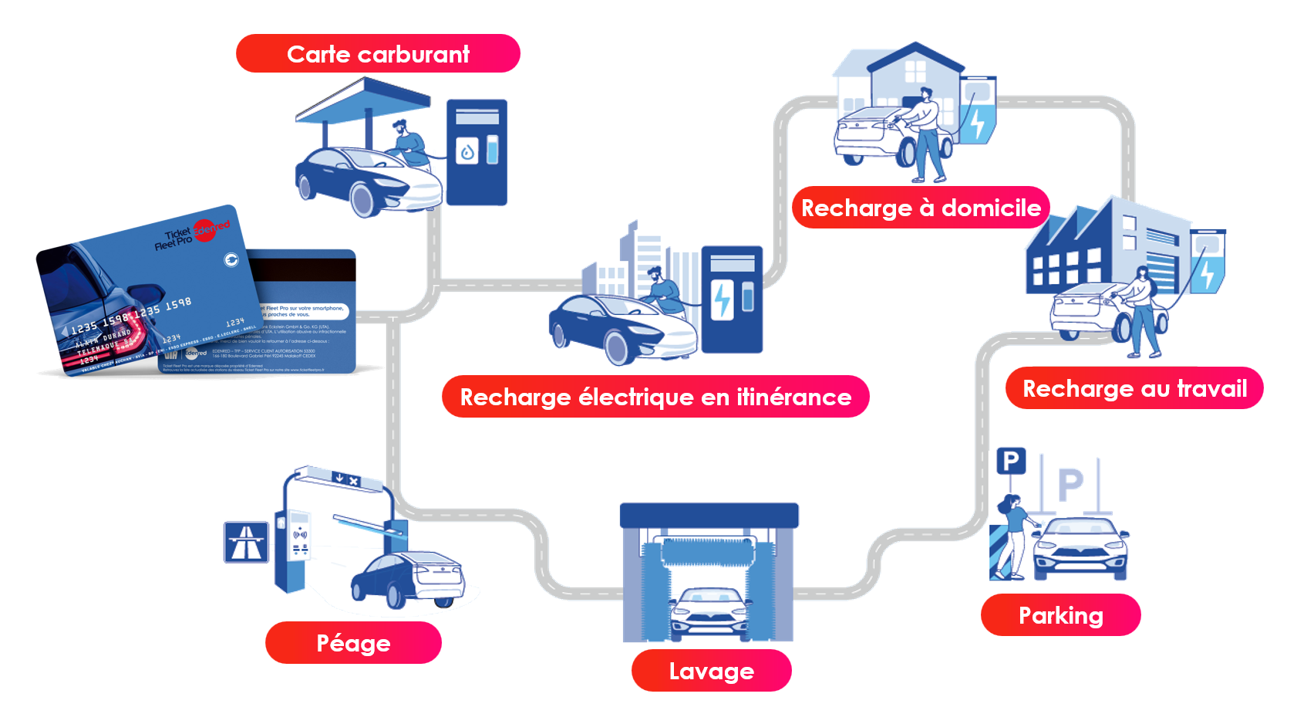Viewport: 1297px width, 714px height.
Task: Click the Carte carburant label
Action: pyautogui.click(x=378, y=54)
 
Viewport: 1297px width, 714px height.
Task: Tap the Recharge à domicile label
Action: pyautogui.click(x=921, y=208)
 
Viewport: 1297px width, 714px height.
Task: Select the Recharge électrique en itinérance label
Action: pyautogui.click(x=655, y=397)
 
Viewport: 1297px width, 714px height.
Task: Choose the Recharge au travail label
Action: pyautogui.click(x=1134, y=388)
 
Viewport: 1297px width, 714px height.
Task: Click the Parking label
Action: pyautogui.click(x=1060, y=615)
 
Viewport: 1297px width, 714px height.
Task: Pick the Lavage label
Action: pyautogui.click(x=711, y=671)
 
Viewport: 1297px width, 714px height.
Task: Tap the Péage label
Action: pyautogui.click(x=353, y=643)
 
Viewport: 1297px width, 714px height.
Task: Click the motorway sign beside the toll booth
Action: pyautogui.click(x=246, y=542)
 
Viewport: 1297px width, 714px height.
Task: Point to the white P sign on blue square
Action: pyautogui.click(x=1011, y=462)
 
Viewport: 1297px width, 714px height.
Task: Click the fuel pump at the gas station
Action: pyautogui.click(x=477, y=152)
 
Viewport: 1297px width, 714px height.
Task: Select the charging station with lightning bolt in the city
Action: pyautogui.click(x=731, y=299)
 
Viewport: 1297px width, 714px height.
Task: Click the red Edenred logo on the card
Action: pyautogui.click(x=206, y=229)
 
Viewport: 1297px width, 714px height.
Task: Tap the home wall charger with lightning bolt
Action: pyautogui.click(x=977, y=108)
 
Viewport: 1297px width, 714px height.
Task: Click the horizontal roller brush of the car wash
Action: pyautogui.click(x=708, y=551)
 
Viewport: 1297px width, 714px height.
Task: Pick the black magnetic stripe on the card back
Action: pyautogui.click(x=307, y=269)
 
